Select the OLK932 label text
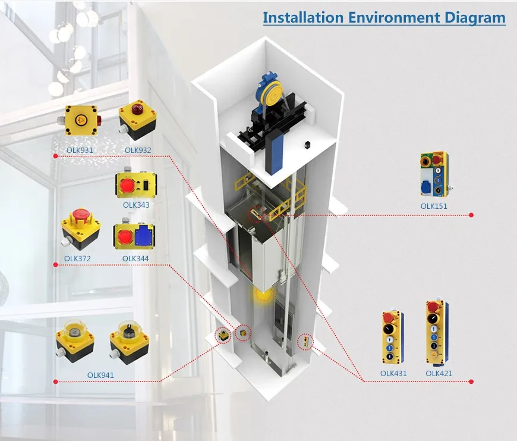137,149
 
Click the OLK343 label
136,205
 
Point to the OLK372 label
79,258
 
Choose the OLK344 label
135,258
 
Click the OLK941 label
100,375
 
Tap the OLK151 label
434,207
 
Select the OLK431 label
393,374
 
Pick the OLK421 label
439,374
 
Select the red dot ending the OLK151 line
471,215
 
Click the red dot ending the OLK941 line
55,381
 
